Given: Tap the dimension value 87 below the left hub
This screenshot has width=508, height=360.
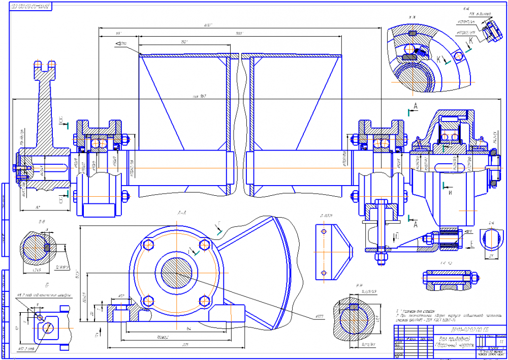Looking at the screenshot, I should point(38,207).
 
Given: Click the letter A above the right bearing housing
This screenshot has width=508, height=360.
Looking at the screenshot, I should point(416,106).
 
